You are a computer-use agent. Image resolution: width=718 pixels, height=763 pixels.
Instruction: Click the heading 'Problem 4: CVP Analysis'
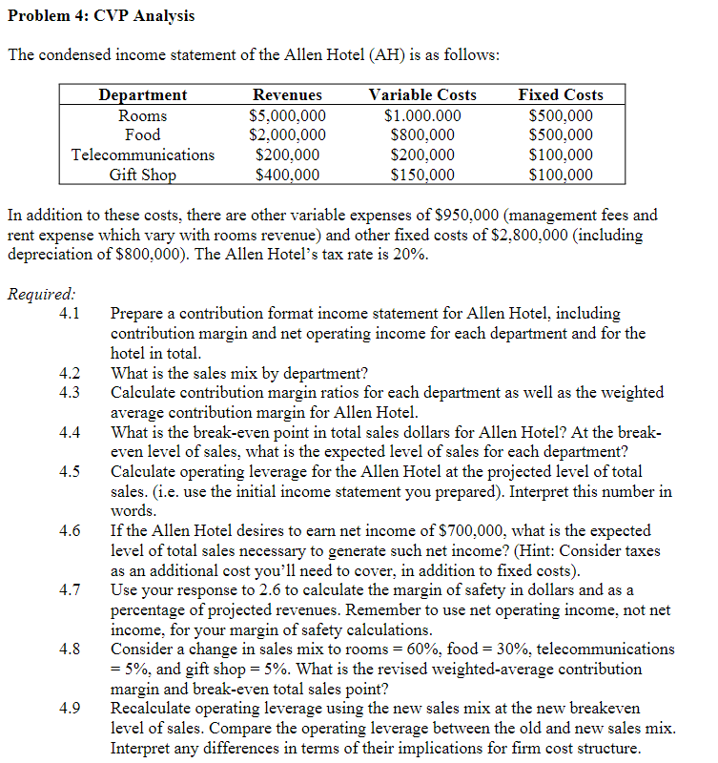click(100, 16)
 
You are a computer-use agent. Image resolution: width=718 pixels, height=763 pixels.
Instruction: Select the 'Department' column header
click(143, 95)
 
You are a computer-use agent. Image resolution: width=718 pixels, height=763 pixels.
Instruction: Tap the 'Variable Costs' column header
click(422, 95)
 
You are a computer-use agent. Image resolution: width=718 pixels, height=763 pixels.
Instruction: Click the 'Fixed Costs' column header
click(560, 95)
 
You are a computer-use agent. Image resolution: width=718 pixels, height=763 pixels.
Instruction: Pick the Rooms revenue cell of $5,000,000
click(287, 115)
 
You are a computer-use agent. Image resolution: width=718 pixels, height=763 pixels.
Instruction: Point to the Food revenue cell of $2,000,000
click(287, 135)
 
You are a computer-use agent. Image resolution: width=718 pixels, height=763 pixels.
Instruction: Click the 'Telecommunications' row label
click(143, 155)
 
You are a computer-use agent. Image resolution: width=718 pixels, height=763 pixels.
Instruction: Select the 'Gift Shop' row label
click(143, 175)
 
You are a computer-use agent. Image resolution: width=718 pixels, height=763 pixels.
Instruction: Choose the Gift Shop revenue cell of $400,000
click(287, 175)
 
